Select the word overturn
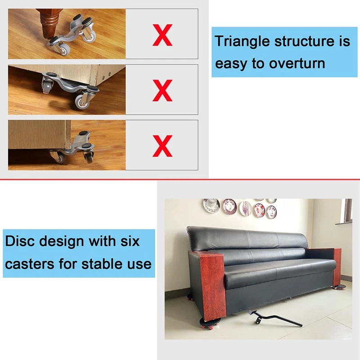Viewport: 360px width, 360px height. pos(297,63)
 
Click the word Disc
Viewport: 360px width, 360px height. pos(20,241)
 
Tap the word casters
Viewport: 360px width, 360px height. pos(29,264)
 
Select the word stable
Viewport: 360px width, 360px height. pos(99,264)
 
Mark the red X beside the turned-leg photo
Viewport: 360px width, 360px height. pos(162,35)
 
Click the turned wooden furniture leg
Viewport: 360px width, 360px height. pos(49,23)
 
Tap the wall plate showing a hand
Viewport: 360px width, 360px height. pos(245,208)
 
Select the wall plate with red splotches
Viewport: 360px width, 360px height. pos(259,210)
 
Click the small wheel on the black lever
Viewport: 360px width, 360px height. pos(256,322)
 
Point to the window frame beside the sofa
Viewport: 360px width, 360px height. pos(346,211)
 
